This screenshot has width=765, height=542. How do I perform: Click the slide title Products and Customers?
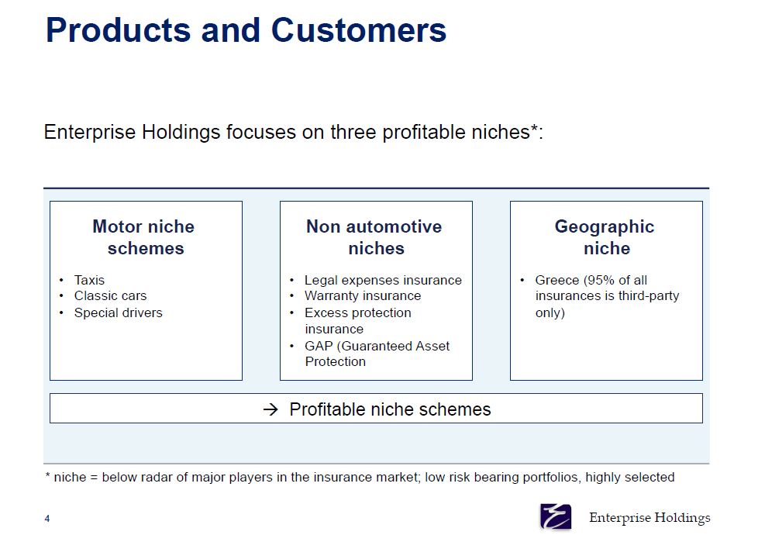coord(246,30)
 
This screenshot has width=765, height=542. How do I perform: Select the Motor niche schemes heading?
coord(145,237)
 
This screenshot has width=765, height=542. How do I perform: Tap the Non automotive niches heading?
coord(374,237)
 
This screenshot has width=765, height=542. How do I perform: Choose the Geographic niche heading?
coord(605,237)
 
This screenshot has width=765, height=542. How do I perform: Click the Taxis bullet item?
coord(89,280)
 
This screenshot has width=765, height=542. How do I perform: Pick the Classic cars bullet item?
coord(110,296)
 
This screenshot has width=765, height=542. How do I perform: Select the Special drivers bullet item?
coord(118,312)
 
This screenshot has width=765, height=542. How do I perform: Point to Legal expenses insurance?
coord(383,280)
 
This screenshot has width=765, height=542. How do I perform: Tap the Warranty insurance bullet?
coord(363,296)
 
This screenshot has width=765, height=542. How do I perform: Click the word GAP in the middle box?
coord(319,346)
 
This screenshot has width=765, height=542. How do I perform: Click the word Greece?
coord(557,280)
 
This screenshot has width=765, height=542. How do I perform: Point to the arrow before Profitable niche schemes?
coord(271,409)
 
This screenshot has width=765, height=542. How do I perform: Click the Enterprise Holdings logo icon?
coord(556,516)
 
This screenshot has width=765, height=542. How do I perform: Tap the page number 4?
coord(47,519)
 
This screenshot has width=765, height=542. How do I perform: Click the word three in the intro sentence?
coord(354,133)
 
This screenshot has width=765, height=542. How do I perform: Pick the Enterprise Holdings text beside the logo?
coord(650,518)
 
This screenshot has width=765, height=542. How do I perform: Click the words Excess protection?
coord(357,312)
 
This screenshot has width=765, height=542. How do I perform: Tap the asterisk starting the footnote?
coord(47,475)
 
